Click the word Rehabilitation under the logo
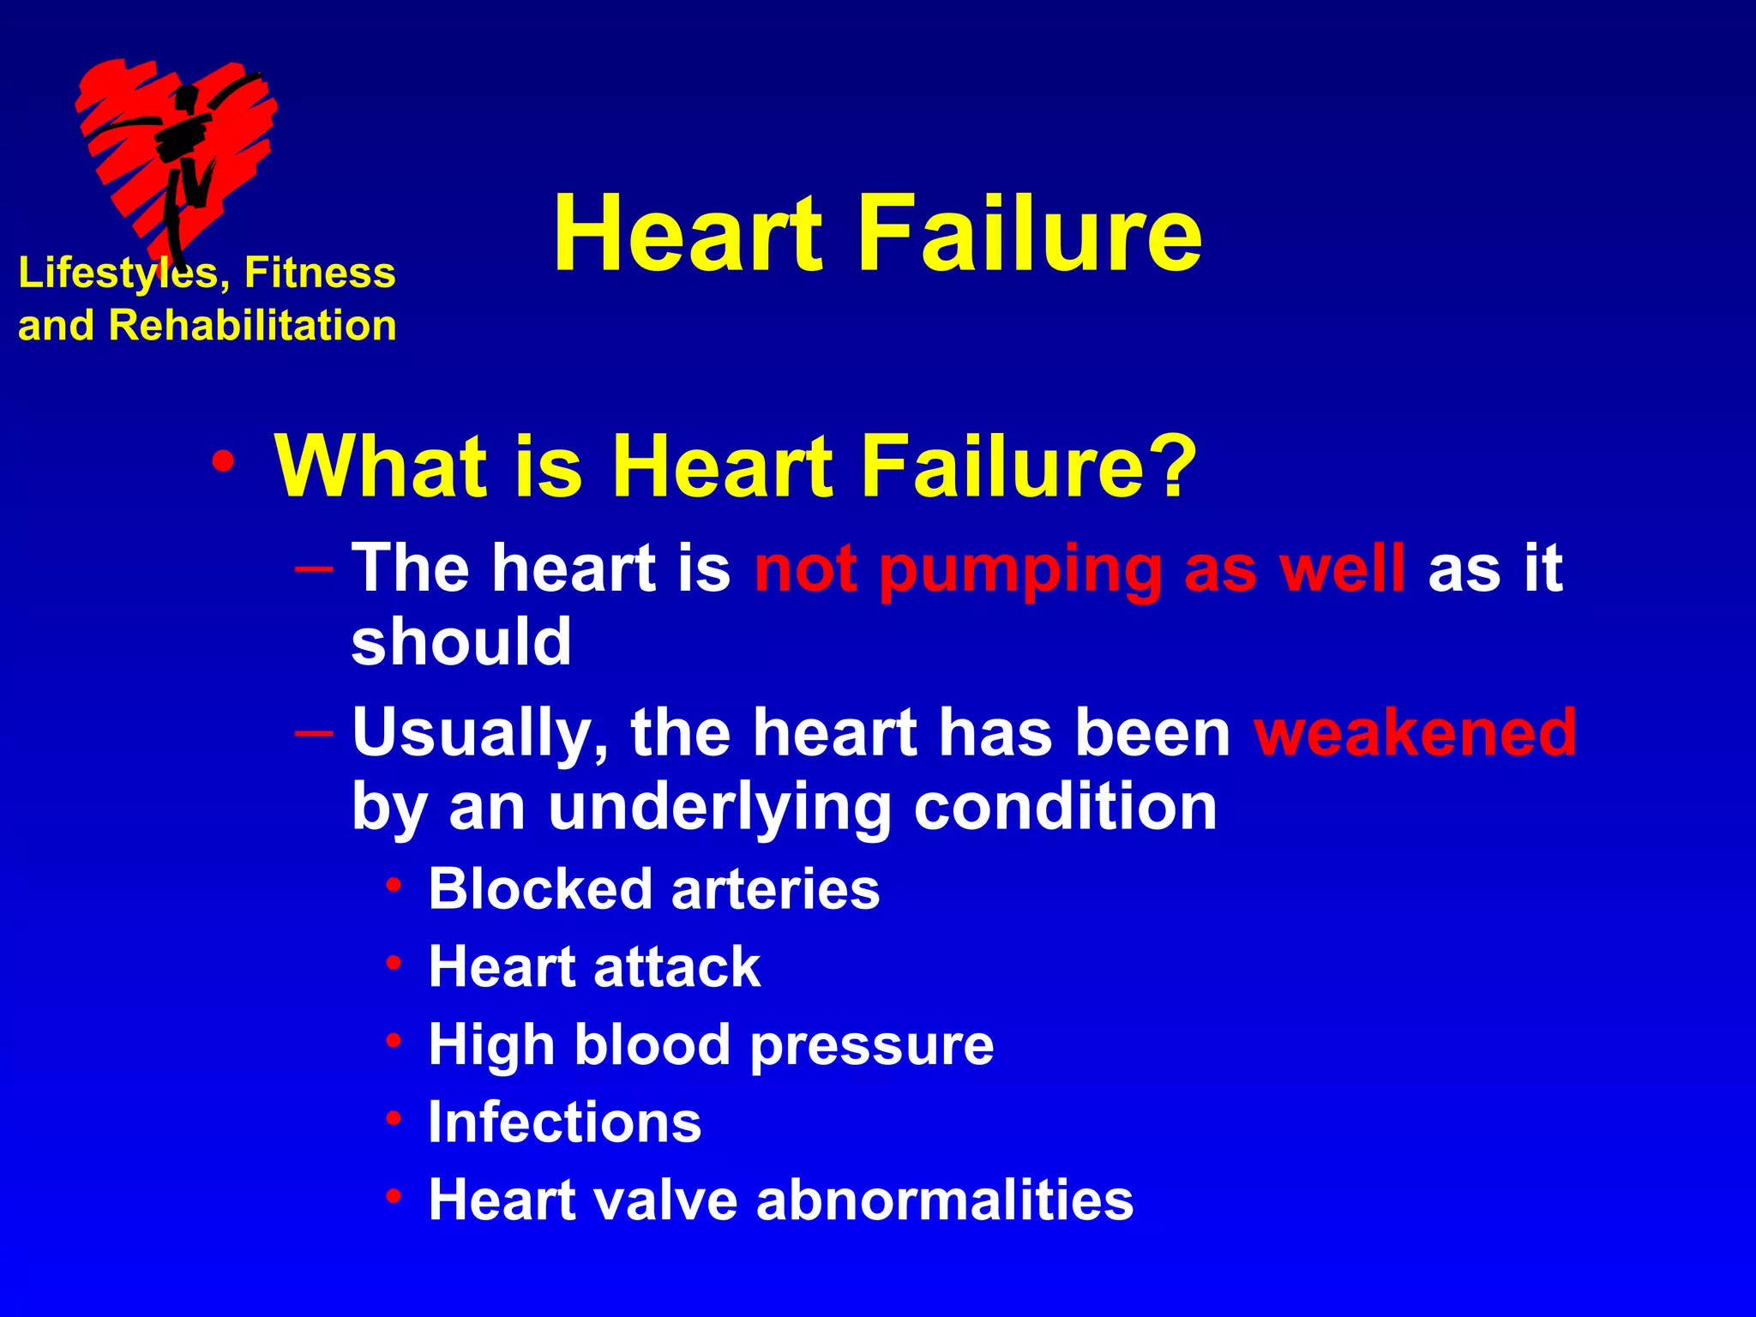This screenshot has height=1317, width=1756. pos(253,326)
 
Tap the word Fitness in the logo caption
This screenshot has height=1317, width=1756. pos(320,273)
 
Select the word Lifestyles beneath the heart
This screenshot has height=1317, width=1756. pos(117,274)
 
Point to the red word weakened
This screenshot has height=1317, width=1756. pos(1415,732)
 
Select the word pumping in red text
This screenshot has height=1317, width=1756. pos(1020,569)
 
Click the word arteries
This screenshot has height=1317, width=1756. pos(775,888)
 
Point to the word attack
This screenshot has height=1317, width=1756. pos(677,966)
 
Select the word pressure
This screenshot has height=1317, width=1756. pos(872,1046)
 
